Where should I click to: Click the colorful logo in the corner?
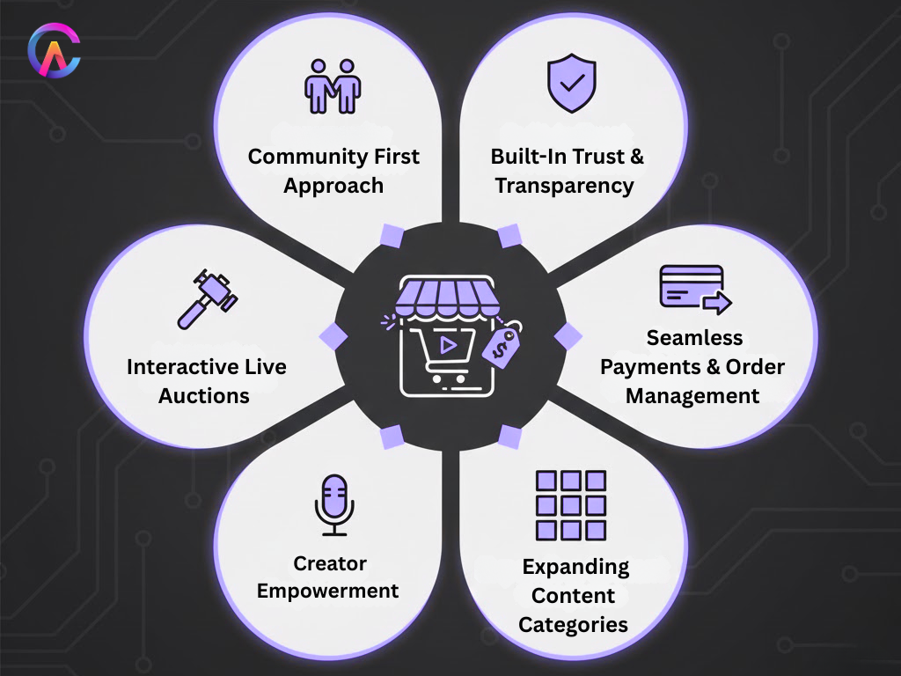tap(54, 54)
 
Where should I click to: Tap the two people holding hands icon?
tap(333, 85)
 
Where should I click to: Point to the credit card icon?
tap(693, 289)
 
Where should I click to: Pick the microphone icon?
tap(334, 504)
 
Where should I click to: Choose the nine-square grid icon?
tap(571, 505)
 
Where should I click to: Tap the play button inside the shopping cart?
tap(448, 344)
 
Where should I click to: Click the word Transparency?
tap(564, 186)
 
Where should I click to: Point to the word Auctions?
tap(204, 395)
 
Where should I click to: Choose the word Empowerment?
tap(328, 591)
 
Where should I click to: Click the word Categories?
tap(573, 625)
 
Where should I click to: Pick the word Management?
tap(692, 396)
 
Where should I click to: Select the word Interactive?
tap(171, 366)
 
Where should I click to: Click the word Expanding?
tap(575, 566)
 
